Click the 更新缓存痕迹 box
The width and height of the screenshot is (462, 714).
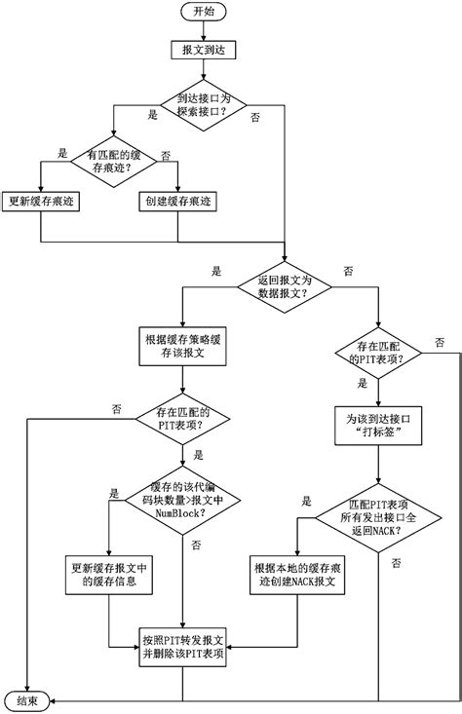[x=40, y=203]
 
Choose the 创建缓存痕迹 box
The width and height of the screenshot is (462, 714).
[x=179, y=203]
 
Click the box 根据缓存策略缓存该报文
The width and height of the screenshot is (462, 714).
[x=182, y=350]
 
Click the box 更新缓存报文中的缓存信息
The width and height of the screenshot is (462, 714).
[x=110, y=576]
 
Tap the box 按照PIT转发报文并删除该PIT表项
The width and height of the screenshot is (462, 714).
[x=182, y=647]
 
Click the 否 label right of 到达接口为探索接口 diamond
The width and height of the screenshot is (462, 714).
[x=255, y=116]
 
